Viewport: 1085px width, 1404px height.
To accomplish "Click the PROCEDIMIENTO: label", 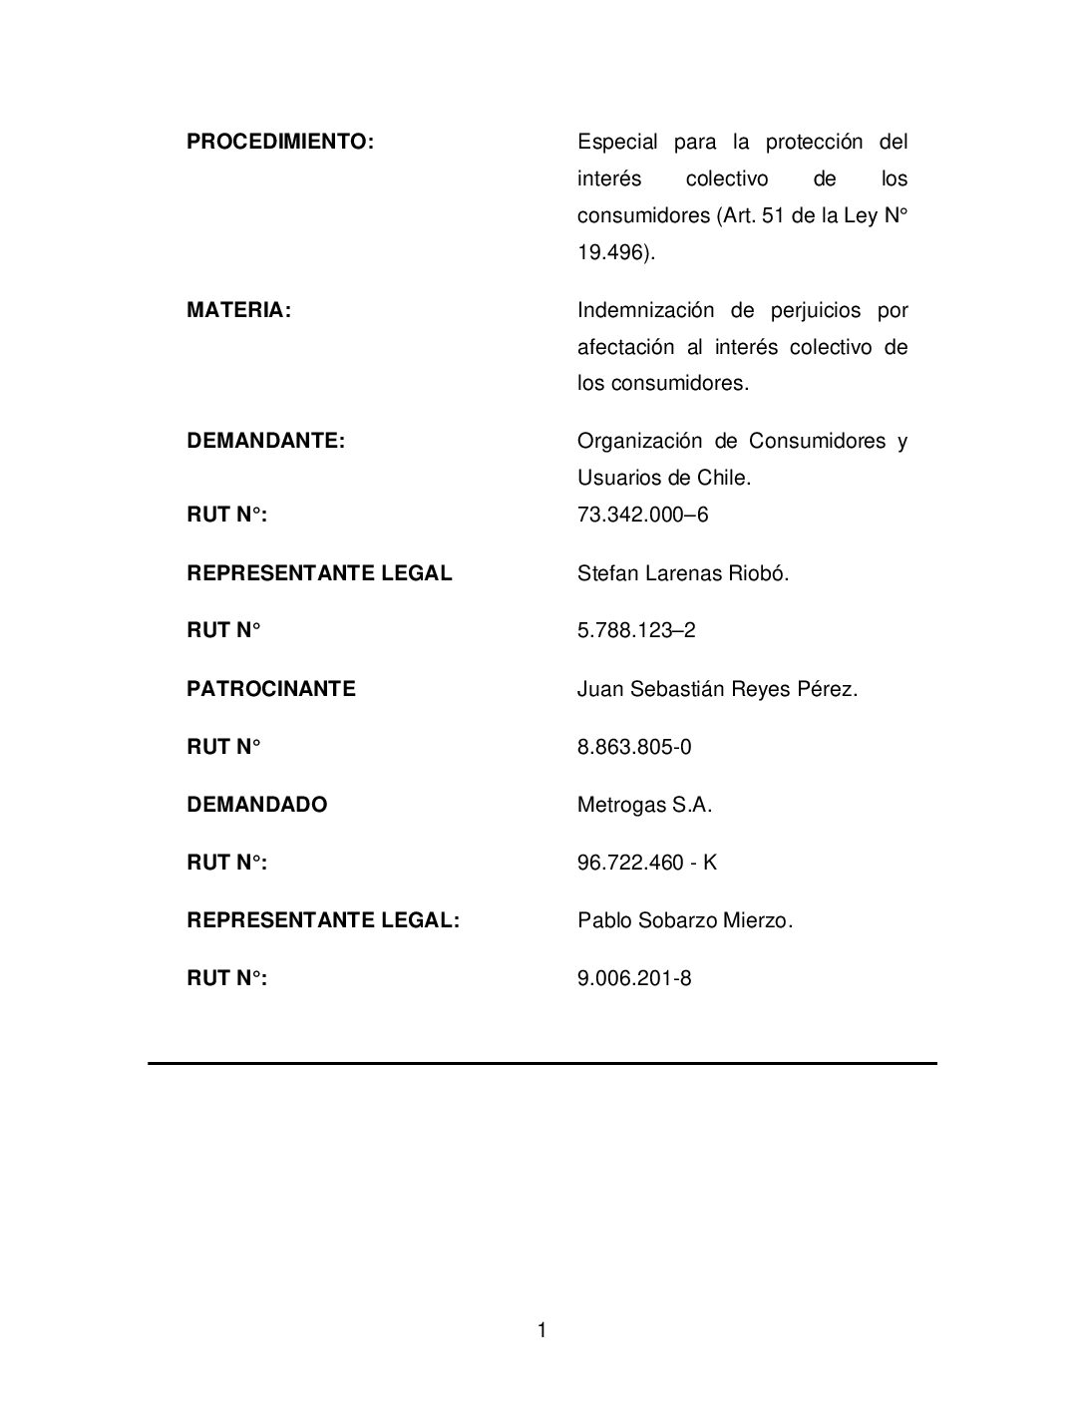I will tap(280, 142).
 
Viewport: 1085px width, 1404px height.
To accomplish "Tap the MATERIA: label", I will tap(239, 310).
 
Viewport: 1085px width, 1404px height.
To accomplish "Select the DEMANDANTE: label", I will tap(266, 441).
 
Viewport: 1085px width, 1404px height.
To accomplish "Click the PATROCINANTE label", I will tap(271, 689).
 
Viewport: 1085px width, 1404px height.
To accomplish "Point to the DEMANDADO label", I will tap(257, 805).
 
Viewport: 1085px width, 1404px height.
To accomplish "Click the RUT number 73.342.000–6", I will tap(643, 515).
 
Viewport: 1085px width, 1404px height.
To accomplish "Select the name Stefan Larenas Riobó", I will tap(683, 573).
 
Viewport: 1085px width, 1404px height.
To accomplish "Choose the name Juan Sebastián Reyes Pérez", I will tap(717, 689).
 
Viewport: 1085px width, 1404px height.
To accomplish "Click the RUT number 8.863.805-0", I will tap(634, 747).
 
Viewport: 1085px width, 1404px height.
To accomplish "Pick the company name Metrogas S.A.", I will tap(645, 805).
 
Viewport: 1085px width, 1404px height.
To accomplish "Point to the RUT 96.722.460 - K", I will tap(647, 863).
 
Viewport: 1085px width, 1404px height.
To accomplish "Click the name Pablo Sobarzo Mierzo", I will tap(685, 920).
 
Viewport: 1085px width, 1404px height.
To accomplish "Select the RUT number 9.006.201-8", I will tap(634, 978).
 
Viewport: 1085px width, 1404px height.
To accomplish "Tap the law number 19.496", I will tap(613, 252).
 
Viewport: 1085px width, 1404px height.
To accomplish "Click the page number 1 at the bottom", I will tap(542, 1330).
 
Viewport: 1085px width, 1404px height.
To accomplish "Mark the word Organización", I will tap(638, 441).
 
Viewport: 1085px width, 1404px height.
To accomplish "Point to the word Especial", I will tap(617, 142).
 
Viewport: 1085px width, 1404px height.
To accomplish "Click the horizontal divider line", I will tap(542, 1063).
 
